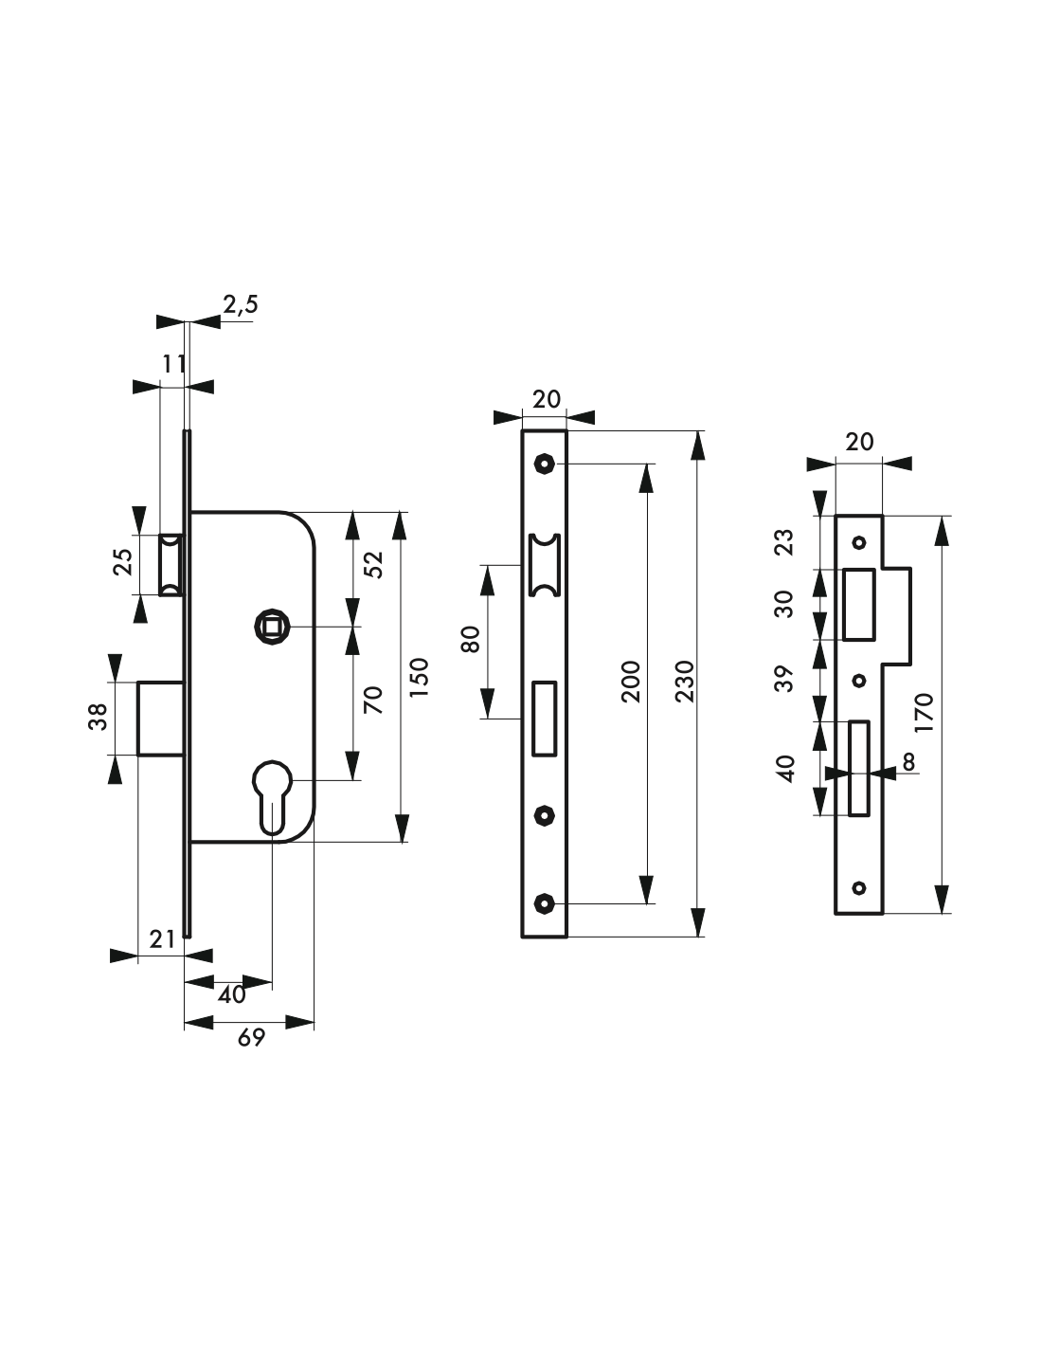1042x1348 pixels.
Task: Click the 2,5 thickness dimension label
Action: click(240, 304)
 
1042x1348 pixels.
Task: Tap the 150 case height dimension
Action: click(420, 676)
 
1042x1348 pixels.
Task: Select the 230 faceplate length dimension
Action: click(684, 682)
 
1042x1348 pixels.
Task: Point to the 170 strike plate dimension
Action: click(924, 712)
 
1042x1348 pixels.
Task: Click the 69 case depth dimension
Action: click(251, 1036)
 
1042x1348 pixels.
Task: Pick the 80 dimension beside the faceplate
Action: click(471, 640)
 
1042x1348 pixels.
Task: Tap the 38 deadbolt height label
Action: click(99, 717)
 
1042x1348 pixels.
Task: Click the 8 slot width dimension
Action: click(908, 761)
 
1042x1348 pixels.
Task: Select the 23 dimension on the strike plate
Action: click(784, 542)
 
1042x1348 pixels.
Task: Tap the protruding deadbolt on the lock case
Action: click(160, 719)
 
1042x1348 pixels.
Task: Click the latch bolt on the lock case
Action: click(171, 564)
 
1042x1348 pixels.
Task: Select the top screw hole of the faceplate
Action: click(544, 464)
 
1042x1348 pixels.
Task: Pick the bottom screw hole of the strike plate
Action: click(858, 887)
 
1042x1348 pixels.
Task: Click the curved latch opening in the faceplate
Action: click(545, 564)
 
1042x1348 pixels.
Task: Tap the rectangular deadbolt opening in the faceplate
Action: click(545, 719)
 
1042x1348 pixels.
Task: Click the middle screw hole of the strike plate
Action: click(858, 682)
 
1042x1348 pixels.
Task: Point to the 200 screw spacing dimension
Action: click(630, 682)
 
